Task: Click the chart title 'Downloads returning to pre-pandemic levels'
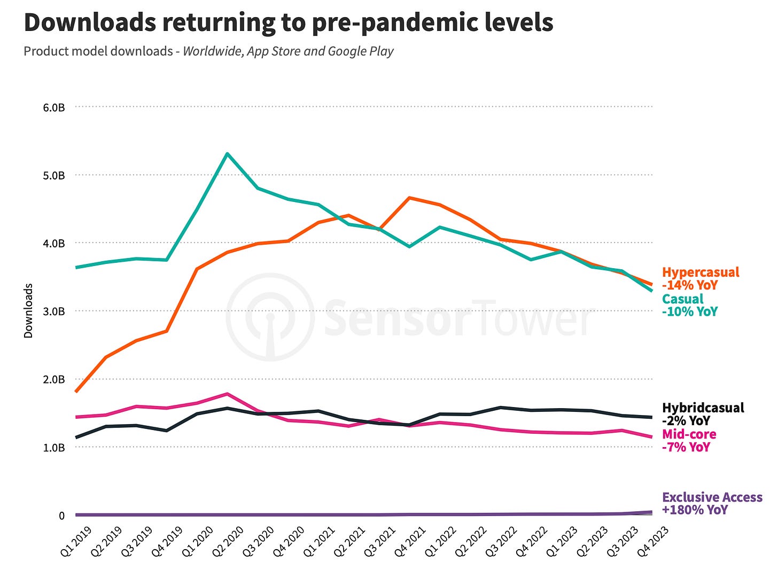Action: coord(289,22)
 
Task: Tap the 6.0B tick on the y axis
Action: coord(54,107)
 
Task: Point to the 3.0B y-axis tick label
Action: coord(54,311)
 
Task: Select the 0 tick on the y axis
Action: coord(61,515)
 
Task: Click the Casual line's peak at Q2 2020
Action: coord(228,154)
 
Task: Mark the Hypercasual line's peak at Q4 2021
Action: coord(409,198)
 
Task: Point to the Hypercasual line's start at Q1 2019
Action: coord(76,392)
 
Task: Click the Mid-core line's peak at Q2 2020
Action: coord(228,394)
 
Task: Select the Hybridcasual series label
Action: coord(703,408)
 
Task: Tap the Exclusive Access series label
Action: coord(712,497)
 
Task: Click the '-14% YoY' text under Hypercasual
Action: coord(689,285)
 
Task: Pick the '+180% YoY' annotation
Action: coord(695,510)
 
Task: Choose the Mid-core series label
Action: coord(689,434)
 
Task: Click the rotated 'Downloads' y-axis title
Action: coord(28,310)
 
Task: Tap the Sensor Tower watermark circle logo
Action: coord(270,317)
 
